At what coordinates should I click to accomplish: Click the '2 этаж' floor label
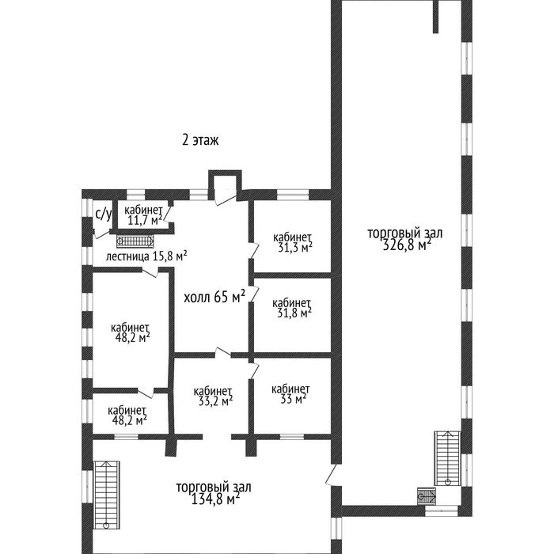[x=200, y=140]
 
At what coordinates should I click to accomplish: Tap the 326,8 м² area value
[x=407, y=245]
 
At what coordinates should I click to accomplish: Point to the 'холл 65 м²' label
[x=214, y=297]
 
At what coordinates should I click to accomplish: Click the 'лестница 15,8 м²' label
[x=146, y=256]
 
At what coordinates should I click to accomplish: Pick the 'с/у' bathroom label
[x=104, y=214]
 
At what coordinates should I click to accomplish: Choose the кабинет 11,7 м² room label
[x=143, y=215]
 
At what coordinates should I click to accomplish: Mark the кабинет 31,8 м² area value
[x=294, y=313]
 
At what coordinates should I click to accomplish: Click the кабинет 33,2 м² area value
[x=215, y=401]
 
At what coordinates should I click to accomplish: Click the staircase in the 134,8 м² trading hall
[x=106, y=495]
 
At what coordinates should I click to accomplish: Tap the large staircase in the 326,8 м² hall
[x=448, y=458]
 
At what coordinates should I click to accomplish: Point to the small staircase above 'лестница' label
[x=135, y=241]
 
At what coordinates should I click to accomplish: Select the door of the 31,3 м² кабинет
[x=254, y=250]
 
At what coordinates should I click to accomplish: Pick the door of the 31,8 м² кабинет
[x=254, y=294]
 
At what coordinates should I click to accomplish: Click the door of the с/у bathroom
[x=101, y=234]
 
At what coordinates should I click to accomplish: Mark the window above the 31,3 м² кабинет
[x=293, y=195]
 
